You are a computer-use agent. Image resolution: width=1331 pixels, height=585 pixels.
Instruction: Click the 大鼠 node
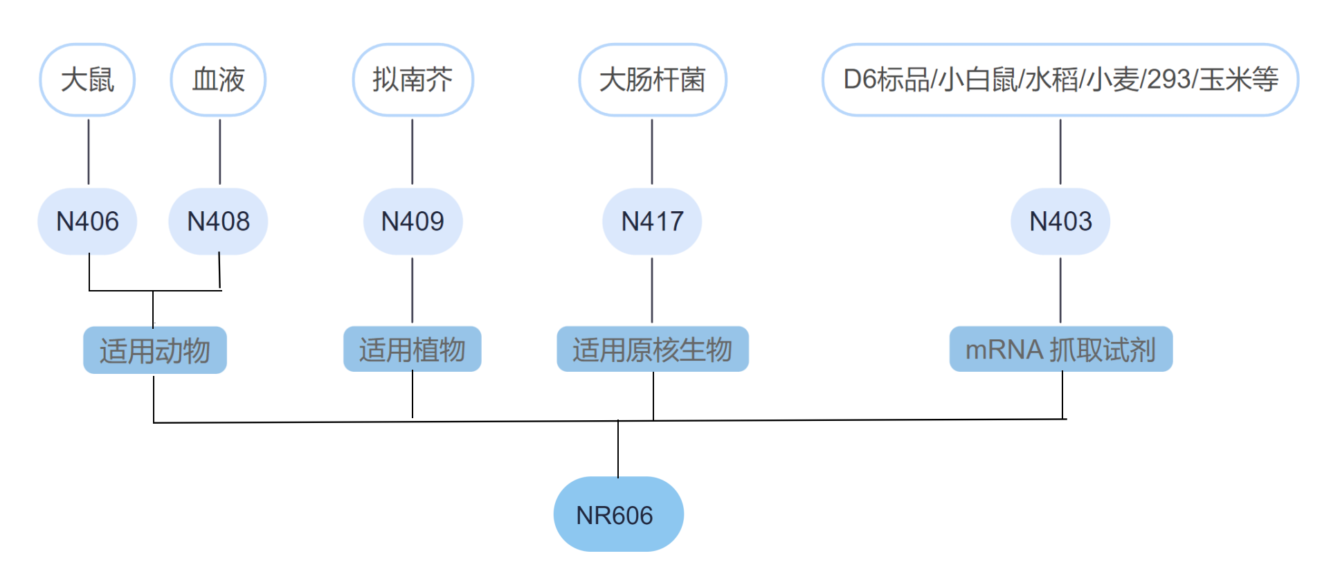[x=87, y=80]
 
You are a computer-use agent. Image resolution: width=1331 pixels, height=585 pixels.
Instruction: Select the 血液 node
[x=218, y=80]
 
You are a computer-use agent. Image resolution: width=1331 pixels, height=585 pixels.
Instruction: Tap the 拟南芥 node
[x=413, y=80]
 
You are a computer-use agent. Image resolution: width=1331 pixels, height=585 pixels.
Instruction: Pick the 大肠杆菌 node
[x=652, y=80]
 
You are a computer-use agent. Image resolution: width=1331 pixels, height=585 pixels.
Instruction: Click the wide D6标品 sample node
[x=1060, y=80]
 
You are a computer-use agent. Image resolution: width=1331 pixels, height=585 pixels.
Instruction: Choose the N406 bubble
[x=87, y=222]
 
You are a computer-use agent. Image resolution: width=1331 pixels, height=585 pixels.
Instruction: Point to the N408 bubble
[x=218, y=222]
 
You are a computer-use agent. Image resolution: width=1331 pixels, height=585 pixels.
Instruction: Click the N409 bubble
[x=413, y=222]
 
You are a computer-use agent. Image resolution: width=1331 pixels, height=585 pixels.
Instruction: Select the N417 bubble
[x=652, y=222]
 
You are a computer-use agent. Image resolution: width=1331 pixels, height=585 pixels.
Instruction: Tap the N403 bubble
[x=1060, y=222]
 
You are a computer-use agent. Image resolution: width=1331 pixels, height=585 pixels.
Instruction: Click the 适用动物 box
[x=154, y=350]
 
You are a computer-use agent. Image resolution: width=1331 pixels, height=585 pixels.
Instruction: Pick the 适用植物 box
[x=413, y=349]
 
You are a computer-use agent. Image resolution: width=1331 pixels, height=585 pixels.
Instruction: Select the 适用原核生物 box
[x=652, y=349]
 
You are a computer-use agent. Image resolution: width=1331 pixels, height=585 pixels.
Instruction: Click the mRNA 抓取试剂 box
[x=1060, y=349]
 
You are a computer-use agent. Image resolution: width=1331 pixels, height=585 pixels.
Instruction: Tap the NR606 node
[x=618, y=514]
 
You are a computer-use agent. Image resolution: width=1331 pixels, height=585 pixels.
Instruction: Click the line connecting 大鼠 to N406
[x=89, y=152]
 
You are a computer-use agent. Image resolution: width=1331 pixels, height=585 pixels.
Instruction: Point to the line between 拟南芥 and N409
[x=413, y=152]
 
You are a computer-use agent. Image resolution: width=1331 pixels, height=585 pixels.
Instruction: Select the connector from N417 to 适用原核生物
[x=652, y=290]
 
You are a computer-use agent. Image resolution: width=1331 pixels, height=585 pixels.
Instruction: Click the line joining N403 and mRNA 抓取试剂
[x=1060, y=290]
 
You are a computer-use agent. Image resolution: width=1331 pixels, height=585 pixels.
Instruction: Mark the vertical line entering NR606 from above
[x=618, y=449]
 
